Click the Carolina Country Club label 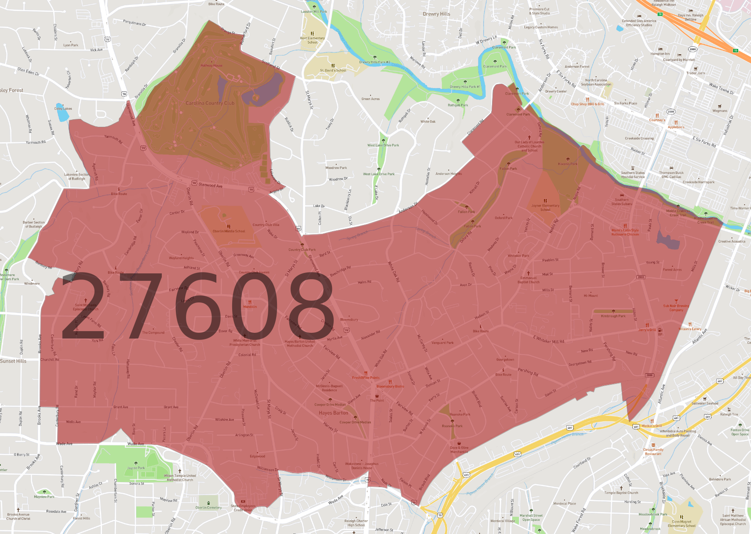click(210, 103)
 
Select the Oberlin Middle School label click(229, 231)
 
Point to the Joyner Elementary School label click(545, 207)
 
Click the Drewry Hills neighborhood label click(436, 14)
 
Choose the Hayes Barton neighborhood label click(333, 413)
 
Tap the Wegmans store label click(720, 111)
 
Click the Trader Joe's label click(696, 73)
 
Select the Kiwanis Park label click(568, 164)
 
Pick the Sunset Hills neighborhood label click(13, 361)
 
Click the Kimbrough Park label click(613, 316)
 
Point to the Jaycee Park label click(136, 468)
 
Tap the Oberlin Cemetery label click(208, 508)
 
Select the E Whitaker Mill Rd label click(548, 339)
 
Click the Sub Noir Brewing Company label click(676, 308)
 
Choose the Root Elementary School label click(312, 40)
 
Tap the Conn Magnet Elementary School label click(682, 523)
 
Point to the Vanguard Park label click(442, 342)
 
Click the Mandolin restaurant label click(250, 306)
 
